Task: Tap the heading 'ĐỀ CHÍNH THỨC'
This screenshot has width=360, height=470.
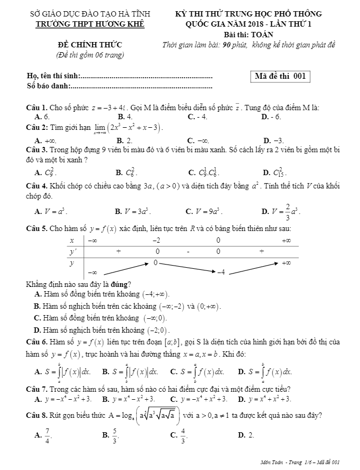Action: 89,45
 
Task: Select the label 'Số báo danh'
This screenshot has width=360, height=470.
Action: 48,86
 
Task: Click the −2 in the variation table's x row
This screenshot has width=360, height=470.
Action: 157,241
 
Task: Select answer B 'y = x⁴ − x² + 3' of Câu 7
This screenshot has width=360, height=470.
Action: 128,399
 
